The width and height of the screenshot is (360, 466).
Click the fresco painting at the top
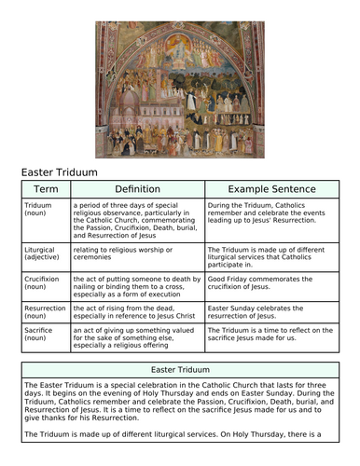click(179, 81)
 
